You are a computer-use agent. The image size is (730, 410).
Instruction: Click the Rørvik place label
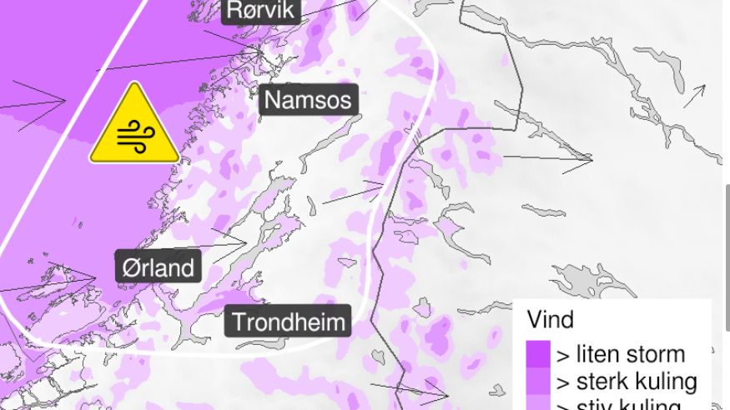click(x=260, y=11)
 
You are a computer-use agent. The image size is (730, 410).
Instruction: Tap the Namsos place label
click(x=308, y=101)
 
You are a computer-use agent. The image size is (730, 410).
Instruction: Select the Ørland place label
click(x=159, y=267)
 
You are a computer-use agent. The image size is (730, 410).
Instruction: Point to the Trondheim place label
click(x=288, y=322)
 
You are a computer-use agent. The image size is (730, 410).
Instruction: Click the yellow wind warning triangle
click(x=134, y=127)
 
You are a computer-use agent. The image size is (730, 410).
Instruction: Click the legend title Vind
click(x=550, y=320)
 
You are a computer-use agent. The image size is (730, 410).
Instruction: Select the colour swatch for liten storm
click(x=538, y=353)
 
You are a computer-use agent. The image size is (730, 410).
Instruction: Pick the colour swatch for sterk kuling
click(x=538, y=381)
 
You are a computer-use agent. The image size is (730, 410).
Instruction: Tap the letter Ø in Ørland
click(x=130, y=267)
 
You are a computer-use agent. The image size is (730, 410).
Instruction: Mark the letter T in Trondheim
click(x=239, y=322)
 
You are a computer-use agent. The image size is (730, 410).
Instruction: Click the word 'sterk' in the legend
click(x=600, y=382)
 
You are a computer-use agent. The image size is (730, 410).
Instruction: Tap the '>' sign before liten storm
click(x=562, y=355)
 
